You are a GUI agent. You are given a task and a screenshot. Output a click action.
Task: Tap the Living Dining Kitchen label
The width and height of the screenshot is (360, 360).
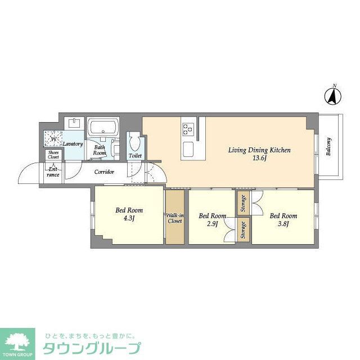click(x=259, y=150)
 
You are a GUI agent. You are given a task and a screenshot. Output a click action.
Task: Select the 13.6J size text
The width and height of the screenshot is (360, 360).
click(x=259, y=159)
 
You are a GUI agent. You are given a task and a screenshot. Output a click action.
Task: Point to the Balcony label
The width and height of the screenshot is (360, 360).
click(x=328, y=147)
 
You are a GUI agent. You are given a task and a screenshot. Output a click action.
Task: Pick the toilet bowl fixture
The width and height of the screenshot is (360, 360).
click(x=134, y=139)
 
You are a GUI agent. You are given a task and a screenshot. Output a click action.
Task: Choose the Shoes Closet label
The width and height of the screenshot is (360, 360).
click(x=53, y=155)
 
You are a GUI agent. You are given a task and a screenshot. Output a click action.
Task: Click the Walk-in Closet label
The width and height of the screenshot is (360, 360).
click(x=174, y=218)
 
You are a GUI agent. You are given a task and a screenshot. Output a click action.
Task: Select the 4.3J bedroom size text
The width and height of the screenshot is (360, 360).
click(x=129, y=218)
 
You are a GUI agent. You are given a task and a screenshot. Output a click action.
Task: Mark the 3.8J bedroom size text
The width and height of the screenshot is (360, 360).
click(x=282, y=224)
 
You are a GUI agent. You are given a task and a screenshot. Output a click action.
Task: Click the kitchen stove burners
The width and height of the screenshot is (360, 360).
click(x=187, y=129)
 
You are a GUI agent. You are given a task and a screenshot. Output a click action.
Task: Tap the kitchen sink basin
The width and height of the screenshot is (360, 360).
click(x=188, y=148)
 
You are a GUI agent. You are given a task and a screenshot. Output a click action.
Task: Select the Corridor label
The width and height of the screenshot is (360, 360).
click(x=104, y=172)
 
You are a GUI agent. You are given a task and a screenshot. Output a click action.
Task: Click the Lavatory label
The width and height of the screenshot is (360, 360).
click(x=73, y=144)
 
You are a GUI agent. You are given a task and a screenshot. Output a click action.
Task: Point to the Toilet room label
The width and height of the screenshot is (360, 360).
click(x=135, y=155)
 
